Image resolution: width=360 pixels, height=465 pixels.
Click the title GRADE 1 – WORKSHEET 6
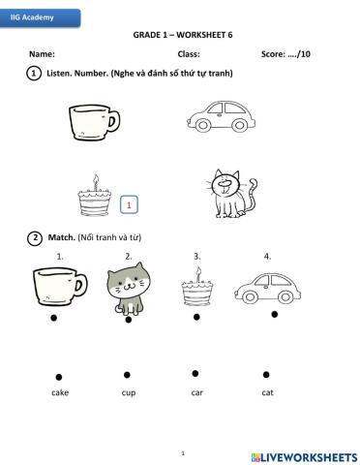point(183,33)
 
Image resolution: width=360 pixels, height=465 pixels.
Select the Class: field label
point(189,54)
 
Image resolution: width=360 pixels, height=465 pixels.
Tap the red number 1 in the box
point(129,204)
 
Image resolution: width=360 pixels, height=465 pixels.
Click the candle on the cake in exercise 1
point(95,180)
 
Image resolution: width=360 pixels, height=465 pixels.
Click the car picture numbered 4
point(265,286)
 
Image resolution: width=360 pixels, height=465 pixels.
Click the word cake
point(60,392)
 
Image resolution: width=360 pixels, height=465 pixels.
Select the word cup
point(129,392)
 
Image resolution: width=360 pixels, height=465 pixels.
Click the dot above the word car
point(195,373)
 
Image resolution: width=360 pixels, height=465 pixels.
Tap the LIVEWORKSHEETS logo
point(303,455)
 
